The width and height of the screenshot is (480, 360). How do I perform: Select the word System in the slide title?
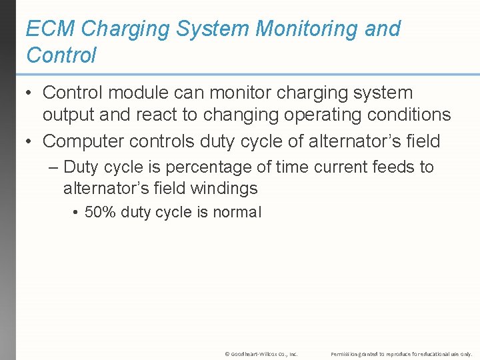click(215, 29)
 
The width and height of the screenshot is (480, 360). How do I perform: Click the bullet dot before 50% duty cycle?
click(77, 213)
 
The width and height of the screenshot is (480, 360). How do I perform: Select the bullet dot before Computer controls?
click(30, 141)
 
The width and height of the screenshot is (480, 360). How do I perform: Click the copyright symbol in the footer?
click(227, 354)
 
